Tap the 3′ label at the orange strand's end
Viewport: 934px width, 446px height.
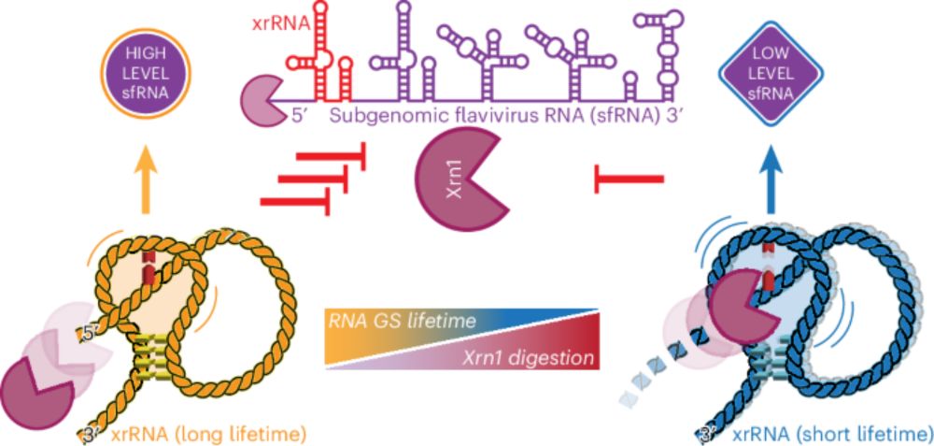click(92, 433)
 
